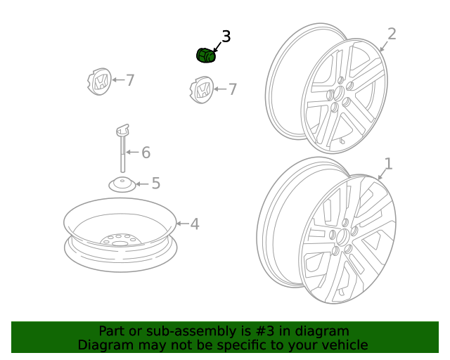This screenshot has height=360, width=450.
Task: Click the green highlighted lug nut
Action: (x=206, y=56)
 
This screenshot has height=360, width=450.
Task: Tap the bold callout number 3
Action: (x=226, y=37)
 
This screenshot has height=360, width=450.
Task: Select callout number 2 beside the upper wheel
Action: (x=392, y=34)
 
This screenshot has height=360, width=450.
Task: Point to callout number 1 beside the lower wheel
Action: (x=388, y=164)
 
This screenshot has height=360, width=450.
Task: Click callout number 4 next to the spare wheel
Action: (x=195, y=224)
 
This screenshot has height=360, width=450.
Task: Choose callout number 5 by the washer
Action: (x=156, y=183)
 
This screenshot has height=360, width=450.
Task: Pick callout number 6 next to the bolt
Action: (x=146, y=152)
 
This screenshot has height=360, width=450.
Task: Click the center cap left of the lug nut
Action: (x=99, y=82)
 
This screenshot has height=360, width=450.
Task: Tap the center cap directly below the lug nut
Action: (x=202, y=90)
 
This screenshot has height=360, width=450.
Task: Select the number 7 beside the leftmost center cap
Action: (x=130, y=80)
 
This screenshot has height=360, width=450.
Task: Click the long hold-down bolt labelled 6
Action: (x=123, y=148)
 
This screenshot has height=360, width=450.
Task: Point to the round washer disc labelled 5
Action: (x=122, y=185)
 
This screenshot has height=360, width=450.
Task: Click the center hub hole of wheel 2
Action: (x=339, y=94)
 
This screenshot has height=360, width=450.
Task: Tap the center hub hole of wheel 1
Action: (x=342, y=237)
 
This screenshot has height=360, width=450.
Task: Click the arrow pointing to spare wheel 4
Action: (x=182, y=224)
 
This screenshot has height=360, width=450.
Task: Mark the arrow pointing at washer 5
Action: (x=142, y=184)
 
